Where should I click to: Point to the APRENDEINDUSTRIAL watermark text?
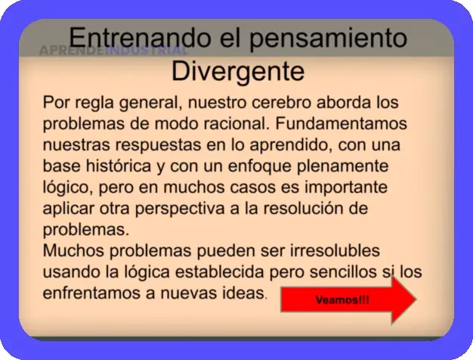coord(113,51)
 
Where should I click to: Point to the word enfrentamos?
coord(91,292)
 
